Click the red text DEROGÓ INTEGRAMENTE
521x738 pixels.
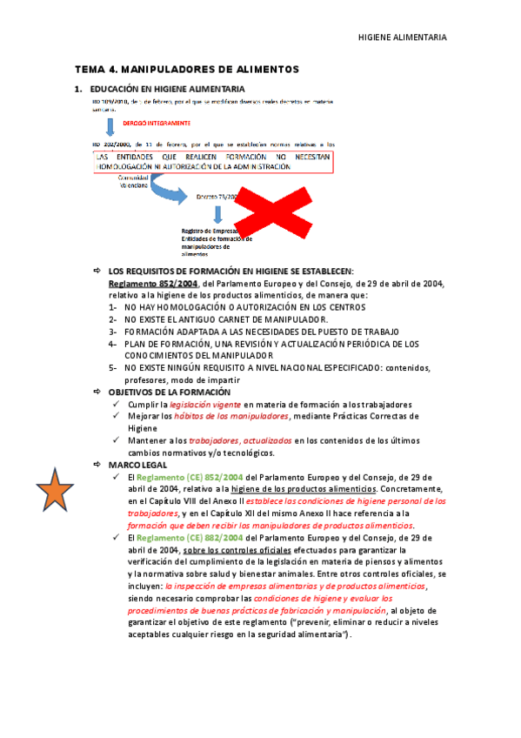(x=157, y=124)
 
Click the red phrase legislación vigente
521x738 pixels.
(x=205, y=405)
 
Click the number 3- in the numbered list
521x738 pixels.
(x=113, y=332)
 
